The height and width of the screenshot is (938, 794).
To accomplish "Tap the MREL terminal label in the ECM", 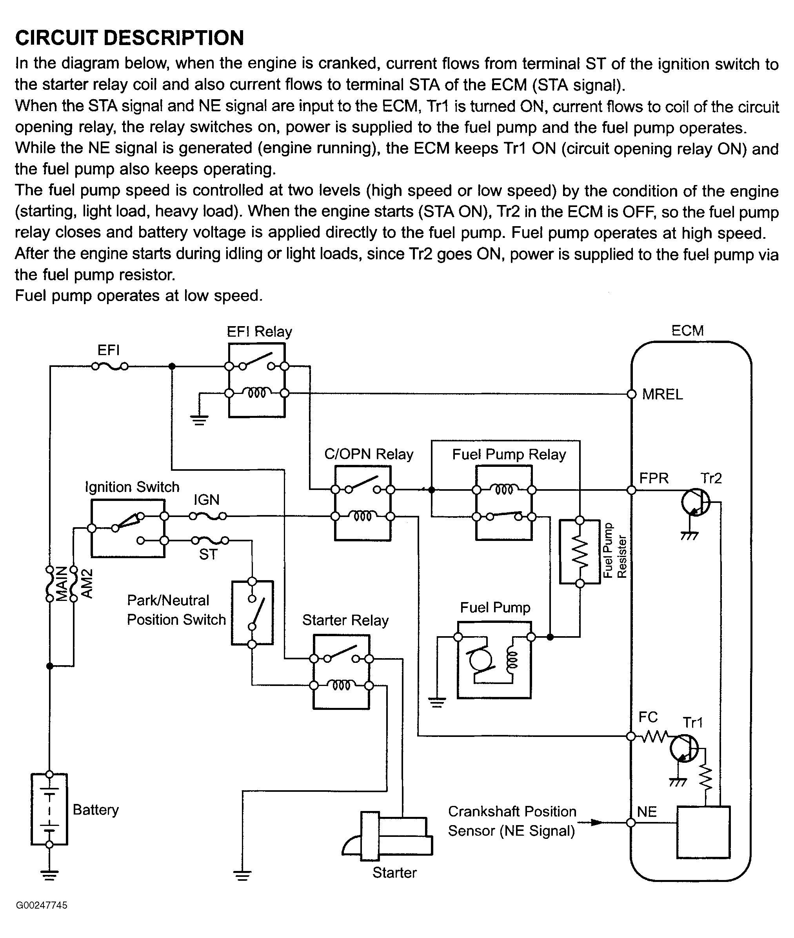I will click(662, 395).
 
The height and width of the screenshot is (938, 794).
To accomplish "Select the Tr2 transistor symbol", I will click(696, 502).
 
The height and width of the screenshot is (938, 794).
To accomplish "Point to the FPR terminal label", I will click(654, 478).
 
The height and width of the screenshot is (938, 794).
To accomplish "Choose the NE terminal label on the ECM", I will click(647, 811).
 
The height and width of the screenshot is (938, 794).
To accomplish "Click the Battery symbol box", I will click(49, 809).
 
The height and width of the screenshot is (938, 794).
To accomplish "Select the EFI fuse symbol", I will click(110, 366).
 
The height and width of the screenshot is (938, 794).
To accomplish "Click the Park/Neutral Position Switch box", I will click(252, 613).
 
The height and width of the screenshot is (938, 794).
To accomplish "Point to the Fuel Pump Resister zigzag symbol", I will click(580, 552).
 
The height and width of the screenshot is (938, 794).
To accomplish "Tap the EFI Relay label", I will click(259, 332).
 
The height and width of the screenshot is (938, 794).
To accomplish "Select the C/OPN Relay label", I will click(369, 454).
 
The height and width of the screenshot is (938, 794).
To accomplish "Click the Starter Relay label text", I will click(345, 620).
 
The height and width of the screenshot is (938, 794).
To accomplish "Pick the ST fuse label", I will click(208, 555).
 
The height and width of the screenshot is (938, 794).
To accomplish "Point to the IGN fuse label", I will click(207, 500).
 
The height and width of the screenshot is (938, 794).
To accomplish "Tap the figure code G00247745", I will click(42, 905).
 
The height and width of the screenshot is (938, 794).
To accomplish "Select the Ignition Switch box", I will click(128, 529).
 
